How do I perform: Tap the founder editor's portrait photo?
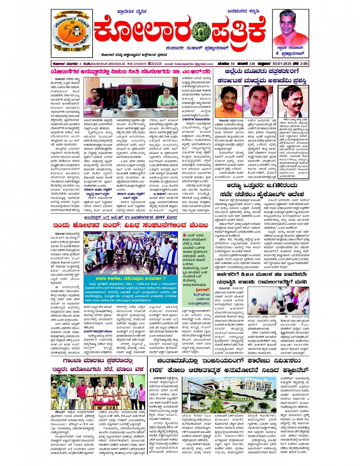click(x=291, y=28)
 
